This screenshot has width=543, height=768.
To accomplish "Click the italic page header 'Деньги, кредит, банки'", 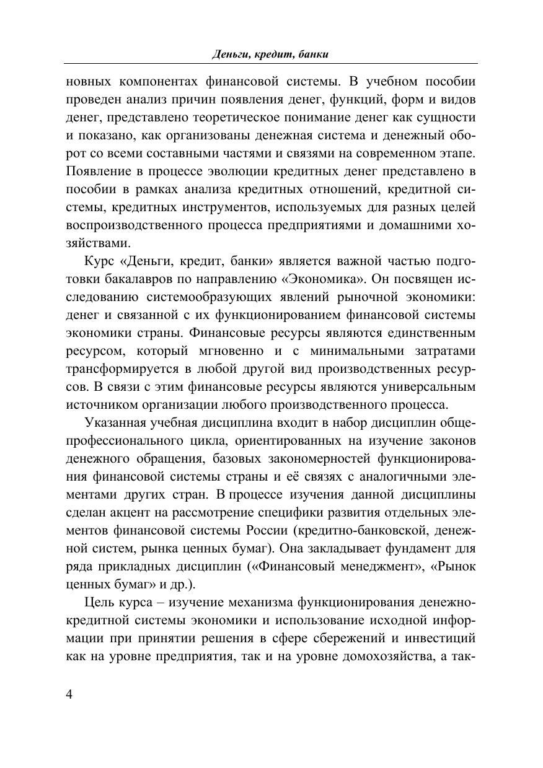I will [270, 55].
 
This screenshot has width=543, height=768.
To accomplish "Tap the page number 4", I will [69, 694].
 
